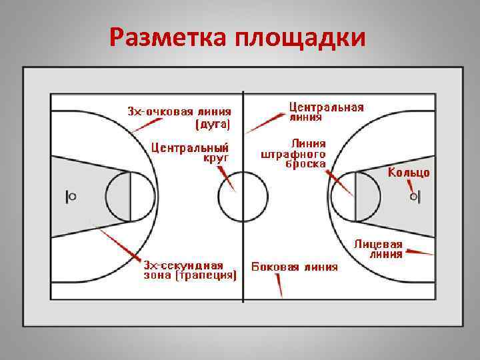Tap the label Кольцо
[409, 173]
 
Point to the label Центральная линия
[326, 111]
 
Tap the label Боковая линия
[294, 267]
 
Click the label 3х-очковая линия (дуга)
[180, 117]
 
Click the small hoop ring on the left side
[73, 196]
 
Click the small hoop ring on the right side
[413, 197]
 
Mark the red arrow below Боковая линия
[279, 286]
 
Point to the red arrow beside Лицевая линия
[420, 252]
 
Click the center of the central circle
[241, 198]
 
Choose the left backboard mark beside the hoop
[67, 196]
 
